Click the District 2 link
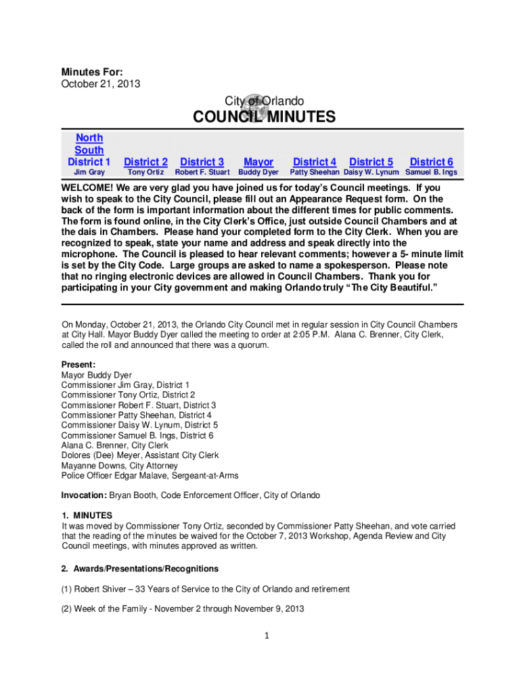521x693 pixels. pos(145,162)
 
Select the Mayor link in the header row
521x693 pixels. pos(258,162)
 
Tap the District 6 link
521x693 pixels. pos(431,162)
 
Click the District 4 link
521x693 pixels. pos(315,162)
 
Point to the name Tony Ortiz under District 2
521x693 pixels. pos(145,173)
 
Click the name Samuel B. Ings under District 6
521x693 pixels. pos(431,173)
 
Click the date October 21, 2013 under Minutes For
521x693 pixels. pos(101,84)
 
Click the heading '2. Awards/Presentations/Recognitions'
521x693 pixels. pos(140,568)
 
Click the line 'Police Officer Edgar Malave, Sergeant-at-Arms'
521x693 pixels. pos(150,476)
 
